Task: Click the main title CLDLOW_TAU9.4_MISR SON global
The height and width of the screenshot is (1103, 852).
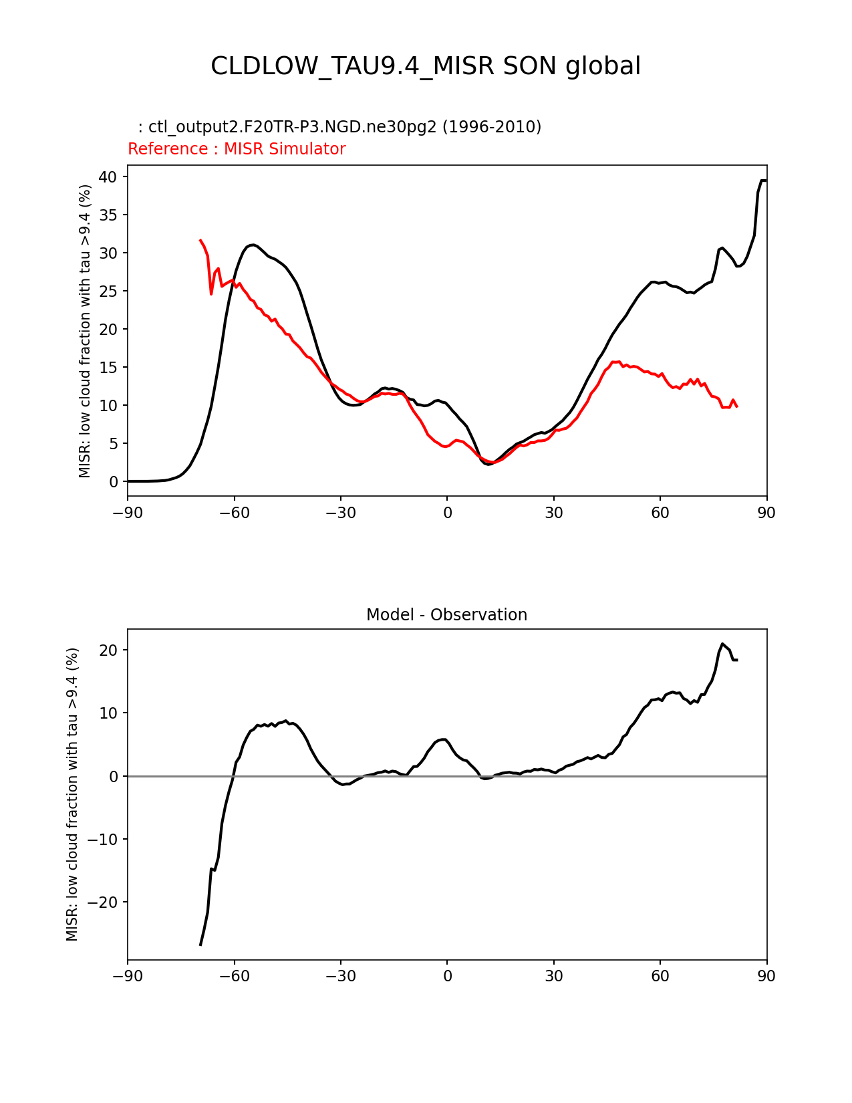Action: click(426, 66)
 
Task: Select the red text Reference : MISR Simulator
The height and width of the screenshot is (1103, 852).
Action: click(237, 149)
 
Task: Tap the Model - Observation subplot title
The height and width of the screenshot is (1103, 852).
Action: click(446, 615)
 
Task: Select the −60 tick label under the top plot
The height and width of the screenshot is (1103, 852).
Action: click(234, 513)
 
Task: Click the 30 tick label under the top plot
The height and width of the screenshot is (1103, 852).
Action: click(553, 513)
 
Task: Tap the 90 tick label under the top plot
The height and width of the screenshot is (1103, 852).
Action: click(766, 513)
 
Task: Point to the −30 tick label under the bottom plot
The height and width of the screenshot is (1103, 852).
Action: click(340, 976)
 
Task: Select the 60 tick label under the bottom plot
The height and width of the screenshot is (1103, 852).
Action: click(660, 976)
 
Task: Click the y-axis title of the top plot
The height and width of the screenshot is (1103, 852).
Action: click(85, 331)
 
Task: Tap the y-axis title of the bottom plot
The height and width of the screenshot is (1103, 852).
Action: click(72, 794)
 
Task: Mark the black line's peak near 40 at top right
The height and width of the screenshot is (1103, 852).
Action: click(762, 180)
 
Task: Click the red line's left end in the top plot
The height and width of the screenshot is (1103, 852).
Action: click(200, 240)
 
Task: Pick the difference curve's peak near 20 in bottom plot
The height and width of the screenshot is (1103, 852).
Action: click(722, 644)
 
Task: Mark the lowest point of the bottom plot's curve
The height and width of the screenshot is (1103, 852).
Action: click(200, 945)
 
